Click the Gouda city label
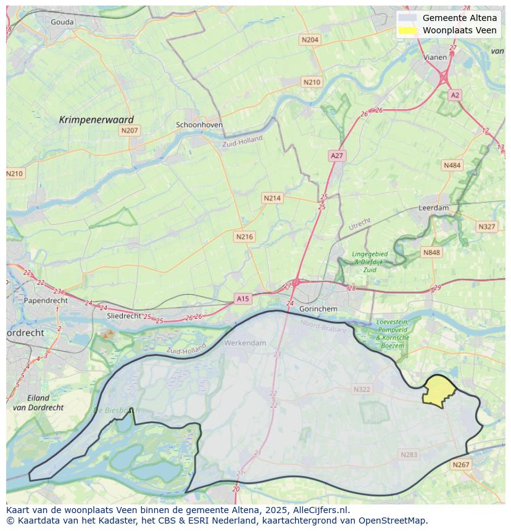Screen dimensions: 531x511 [62, 22]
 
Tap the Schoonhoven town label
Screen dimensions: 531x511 [199, 125]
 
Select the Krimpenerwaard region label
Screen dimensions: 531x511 [96, 120]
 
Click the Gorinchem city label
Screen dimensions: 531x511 [318, 308]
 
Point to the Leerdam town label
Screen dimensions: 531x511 [434, 208]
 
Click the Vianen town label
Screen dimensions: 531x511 [435, 57]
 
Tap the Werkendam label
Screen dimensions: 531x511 [246, 343]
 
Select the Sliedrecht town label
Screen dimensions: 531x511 [125, 315]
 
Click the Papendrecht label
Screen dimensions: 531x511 [46, 300]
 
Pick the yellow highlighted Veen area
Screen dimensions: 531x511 [439, 391]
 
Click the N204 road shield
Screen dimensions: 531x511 [310, 40]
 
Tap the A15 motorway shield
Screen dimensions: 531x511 [243, 298]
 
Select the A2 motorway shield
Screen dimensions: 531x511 [455, 95]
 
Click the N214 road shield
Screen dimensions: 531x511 [272, 198]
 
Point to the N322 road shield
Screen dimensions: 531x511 [362, 389]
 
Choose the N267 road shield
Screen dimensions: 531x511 [460, 465]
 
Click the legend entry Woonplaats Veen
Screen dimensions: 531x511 [459, 30]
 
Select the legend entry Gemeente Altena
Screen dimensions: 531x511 [459, 18]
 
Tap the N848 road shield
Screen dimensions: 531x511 [431, 252]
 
